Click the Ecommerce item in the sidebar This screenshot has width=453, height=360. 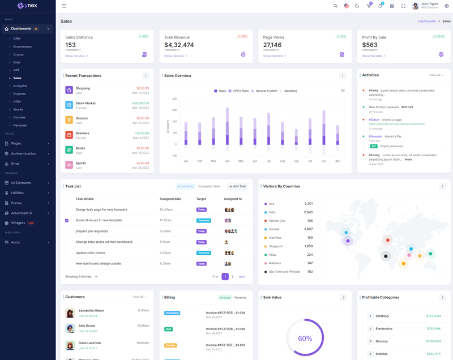coord(23,46)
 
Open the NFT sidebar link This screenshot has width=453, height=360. coord(16,70)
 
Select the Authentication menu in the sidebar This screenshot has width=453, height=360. coord(23,153)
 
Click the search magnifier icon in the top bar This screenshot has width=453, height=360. coord(335,6)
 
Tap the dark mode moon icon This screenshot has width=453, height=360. coord(357,6)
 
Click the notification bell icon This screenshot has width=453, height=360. coord(380,6)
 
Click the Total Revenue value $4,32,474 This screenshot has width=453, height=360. coord(179,45)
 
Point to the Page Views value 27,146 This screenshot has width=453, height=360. coord(272,45)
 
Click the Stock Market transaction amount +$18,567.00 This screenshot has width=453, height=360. coord(140,103)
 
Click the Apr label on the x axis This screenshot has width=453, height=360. coord(227,161)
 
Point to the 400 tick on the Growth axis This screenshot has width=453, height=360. coord(174,99)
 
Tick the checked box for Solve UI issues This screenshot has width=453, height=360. coord(67,220)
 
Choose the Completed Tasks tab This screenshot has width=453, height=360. coord(210,186)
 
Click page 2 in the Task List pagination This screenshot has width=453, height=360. coord(232,277)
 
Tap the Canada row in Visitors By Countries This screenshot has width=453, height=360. coord(274,229)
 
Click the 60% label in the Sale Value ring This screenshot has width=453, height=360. coord(305,338)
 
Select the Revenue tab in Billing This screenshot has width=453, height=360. coord(240,297)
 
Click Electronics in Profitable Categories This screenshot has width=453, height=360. coord(384,328)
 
